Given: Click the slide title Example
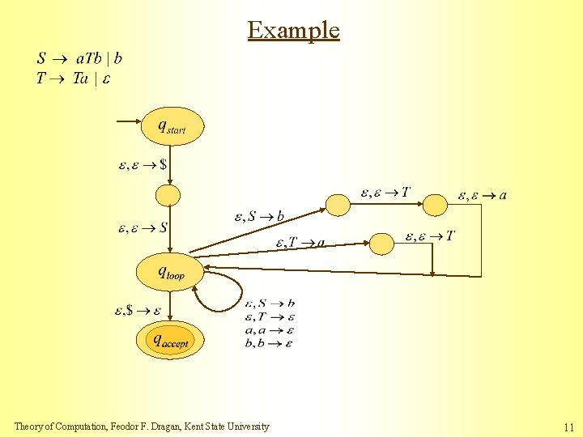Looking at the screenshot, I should pyautogui.click(x=293, y=30).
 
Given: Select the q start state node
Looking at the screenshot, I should pyautogui.click(x=171, y=126).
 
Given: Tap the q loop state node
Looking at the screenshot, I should pyautogui.click(x=169, y=273).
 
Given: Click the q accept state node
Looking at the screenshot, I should pyautogui.click(x=170, y=340).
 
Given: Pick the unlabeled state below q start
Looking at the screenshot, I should pyautogui.click(x=168, y=196).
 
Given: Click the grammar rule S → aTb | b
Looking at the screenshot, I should pyautogui.click(x=79, y=58).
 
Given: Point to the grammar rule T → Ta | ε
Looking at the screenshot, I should pyautogui.click(x=73, y=78).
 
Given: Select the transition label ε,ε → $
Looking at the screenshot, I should pyautogui.click(x=143, y=164).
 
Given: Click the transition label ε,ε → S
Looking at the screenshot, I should pyautogui.click(x=143, y=227).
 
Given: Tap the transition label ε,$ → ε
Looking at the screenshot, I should pyautogui.click(x=138, y=310).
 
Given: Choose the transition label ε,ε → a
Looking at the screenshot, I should pyautogui.click(x=483, y=195).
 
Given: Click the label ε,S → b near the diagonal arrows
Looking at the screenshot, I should pyautogui.click(x=259, y=217).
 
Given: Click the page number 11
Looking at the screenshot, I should pyautogui.click(x=568, y=427).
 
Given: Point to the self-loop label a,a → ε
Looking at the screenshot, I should pyautogui.click(x=269, y=330).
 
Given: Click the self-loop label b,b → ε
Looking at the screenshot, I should pyautogui.click(x=269, y=343).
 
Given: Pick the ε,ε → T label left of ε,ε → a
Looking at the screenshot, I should pyautogui.click(x=385, y=193).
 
